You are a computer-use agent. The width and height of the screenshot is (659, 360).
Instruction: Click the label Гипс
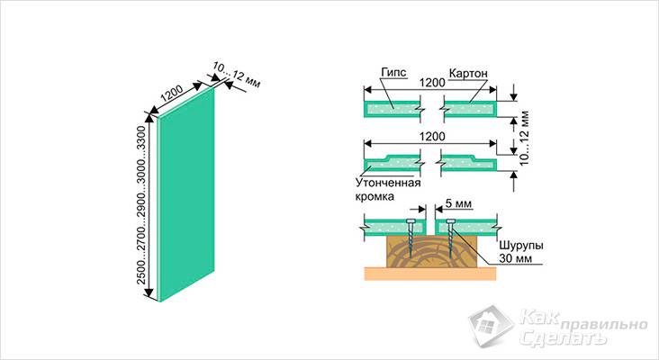[x=393, y=73]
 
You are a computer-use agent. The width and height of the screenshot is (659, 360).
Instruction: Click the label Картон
[x=468, y=73]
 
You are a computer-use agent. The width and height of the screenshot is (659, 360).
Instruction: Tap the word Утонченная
[x=388, y=184]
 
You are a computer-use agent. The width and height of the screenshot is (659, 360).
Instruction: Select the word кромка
[x=375, y=196]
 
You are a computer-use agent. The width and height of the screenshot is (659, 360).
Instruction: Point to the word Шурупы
[x=521, y=246]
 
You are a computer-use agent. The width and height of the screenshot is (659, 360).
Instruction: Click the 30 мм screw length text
[x=515, y=258]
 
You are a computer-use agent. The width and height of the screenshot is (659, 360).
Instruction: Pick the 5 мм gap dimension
[x=458, y=203]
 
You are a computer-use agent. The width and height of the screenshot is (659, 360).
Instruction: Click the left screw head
[x=411, y=221]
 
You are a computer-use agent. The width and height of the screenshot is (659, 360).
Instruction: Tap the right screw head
[x=450, y=221]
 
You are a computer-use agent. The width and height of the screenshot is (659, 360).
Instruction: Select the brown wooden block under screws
[x=431, y=251]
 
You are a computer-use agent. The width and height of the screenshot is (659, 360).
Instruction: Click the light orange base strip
[x=430, y=274]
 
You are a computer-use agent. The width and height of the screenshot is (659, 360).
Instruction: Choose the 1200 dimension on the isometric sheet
[x=172, y=94]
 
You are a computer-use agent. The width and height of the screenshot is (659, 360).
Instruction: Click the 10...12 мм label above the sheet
[x=236, y=75]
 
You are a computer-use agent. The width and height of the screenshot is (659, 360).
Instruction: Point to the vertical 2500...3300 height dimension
[x=141, y=205]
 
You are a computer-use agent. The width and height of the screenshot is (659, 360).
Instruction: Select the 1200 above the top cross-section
[x=432, y=82]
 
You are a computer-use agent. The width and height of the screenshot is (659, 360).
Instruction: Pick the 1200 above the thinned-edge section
[x=432, y=137]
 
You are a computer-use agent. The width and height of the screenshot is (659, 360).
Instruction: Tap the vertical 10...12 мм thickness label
[x=524, y=139]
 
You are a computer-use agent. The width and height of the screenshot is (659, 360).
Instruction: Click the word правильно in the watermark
[x=604, y=325]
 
